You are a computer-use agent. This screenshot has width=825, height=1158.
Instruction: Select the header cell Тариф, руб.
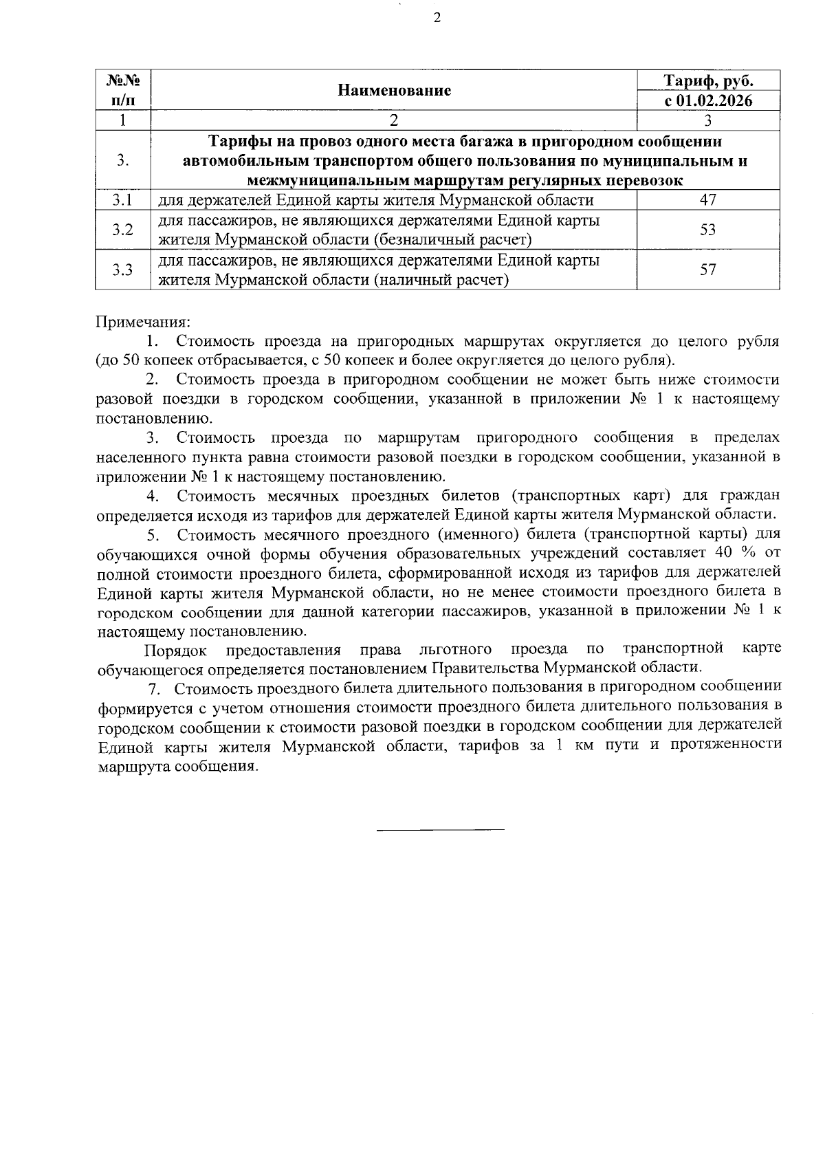(708, 81)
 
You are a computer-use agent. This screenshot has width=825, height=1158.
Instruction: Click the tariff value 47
(708, 200)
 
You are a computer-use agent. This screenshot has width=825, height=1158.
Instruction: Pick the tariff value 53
(708, 230)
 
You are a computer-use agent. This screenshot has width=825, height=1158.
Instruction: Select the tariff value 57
(708, 270)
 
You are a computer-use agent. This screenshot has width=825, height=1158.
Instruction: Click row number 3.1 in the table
(122, 200)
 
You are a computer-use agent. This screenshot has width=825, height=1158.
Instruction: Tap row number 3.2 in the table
(122, 230)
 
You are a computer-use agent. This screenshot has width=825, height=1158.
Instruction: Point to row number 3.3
(122, 270)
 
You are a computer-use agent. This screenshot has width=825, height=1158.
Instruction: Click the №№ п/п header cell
(123, 91)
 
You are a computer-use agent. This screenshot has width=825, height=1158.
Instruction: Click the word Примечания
(142, 321)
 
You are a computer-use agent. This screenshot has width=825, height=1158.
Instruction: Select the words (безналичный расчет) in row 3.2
(454, 240)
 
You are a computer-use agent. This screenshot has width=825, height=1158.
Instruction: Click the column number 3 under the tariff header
(708, 120)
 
